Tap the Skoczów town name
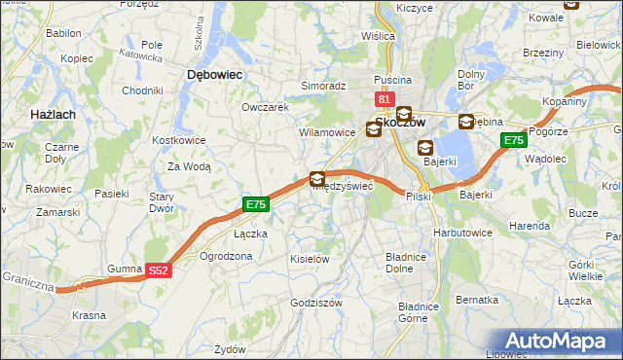[402, 126]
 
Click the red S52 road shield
[160, 272]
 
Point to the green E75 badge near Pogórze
[514, 141]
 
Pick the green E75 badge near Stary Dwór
[255, 204]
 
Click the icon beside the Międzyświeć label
[317, 178]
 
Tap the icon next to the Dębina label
[466, 122]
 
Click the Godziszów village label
[316, 303]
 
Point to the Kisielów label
[310, 259]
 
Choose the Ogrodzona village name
[225, 257]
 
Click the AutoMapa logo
[560, 341]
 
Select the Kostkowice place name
[176, 140]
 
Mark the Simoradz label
[323, 86]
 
